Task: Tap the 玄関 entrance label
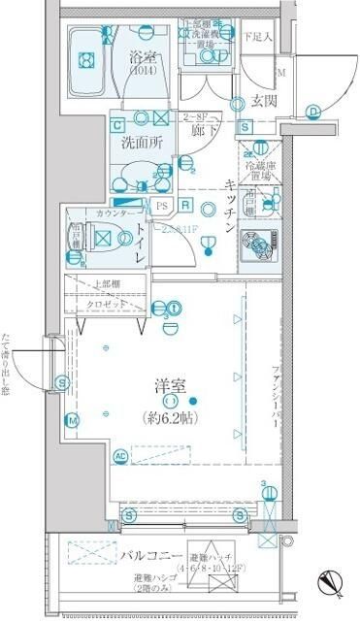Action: click(x=267, y=99)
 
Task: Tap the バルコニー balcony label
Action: click(x=148, y=555)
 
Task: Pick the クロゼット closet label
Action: click(x=108, y=304)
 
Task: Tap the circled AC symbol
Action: click(x=120, y=455)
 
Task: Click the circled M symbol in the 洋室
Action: click(x=72, y=420)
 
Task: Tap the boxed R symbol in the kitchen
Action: click(x=186, y=206)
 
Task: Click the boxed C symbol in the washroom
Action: click(x=117, y=125)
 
